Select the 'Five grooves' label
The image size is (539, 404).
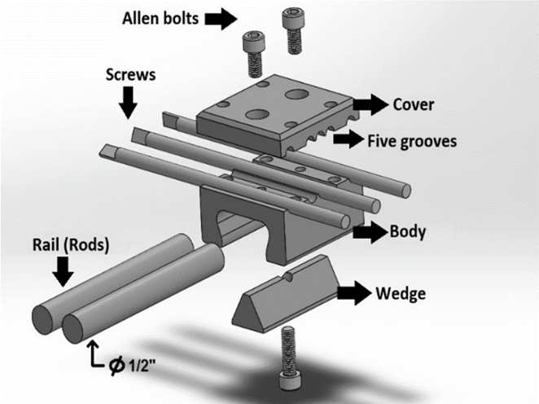[413, 140]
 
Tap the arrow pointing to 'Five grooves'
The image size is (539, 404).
[351, 140]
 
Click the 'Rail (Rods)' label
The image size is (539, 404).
[62, 243]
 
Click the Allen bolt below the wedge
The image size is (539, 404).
[287, 358]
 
